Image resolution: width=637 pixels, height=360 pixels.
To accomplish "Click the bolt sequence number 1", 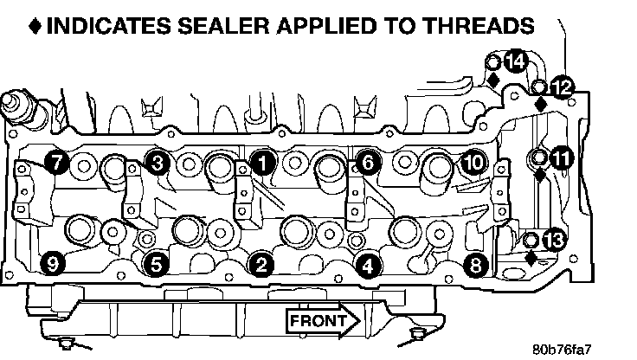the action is pyautogui.click(x=263, y=161).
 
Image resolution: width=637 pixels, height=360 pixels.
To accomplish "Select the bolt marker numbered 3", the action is pyautogui.click(x=157, y=162).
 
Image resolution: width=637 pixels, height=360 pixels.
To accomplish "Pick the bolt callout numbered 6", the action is pyautogui.click(x=367, y=161).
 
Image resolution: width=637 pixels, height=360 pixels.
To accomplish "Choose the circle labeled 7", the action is pyautogui.click(x=56, y=161).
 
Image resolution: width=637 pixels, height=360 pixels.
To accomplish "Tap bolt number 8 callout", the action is pyautogui.click(x=474, y=265).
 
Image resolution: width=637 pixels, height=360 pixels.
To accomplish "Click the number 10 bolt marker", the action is pyautogui.click(x=473, y=161).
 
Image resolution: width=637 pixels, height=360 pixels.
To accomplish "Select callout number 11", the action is pyautogui.click(x=562, y=157).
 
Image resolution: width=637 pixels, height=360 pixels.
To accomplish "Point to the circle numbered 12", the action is pyautogui.click(x=562, y=87).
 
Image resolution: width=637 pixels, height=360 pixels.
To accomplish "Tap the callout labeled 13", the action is pyautogui.click(x=555, y=240).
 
